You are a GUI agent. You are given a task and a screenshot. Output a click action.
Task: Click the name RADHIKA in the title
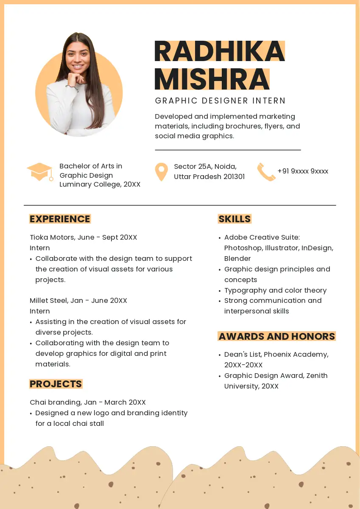(x=219, y=51)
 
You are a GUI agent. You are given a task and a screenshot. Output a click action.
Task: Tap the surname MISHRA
(x=212, y=79)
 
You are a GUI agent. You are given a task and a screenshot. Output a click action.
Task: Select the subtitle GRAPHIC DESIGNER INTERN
(x=220, y=101)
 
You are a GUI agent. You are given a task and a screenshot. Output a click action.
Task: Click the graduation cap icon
(x=40, y=172)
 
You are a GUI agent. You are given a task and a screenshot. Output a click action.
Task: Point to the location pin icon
(x=161, y=172)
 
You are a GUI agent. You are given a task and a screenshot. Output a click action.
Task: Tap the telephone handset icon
(x=266, y=172)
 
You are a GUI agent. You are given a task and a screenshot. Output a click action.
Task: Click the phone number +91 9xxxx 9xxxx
(x=303, y=171)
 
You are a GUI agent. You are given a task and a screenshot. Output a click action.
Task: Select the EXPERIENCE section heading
(x=60, y=219)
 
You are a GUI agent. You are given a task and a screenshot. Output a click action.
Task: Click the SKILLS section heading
(x=234, y=219)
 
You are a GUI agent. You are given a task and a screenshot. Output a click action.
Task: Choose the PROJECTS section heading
(x=56, y=384)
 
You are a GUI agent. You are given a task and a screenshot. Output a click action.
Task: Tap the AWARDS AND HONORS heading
(x=276, y=336)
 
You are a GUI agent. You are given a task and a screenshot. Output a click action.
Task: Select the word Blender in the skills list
(x=237, y=259)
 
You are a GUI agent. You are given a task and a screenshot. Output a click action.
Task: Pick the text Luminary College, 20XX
(x=100, y=185)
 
